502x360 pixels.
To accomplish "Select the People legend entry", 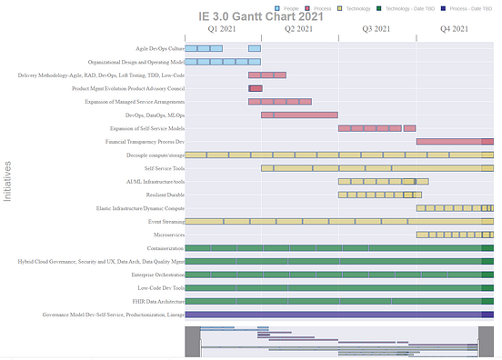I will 290,7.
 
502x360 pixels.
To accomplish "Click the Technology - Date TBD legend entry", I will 404,7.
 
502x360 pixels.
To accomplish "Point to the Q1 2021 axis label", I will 223,29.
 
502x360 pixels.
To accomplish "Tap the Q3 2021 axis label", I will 377,29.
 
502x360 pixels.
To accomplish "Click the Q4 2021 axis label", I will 455,29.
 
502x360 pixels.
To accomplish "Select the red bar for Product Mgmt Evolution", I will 256,88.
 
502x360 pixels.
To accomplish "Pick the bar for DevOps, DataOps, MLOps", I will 299,115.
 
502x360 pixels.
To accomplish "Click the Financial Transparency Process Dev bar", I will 455,142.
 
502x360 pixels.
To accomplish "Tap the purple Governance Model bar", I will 339,315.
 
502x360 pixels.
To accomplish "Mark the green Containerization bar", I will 339,248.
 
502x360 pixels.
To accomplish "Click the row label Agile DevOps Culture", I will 160,48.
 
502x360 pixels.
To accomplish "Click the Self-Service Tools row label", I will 165,168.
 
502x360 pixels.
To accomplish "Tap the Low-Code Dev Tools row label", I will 160,288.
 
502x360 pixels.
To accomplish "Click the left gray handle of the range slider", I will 192,342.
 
